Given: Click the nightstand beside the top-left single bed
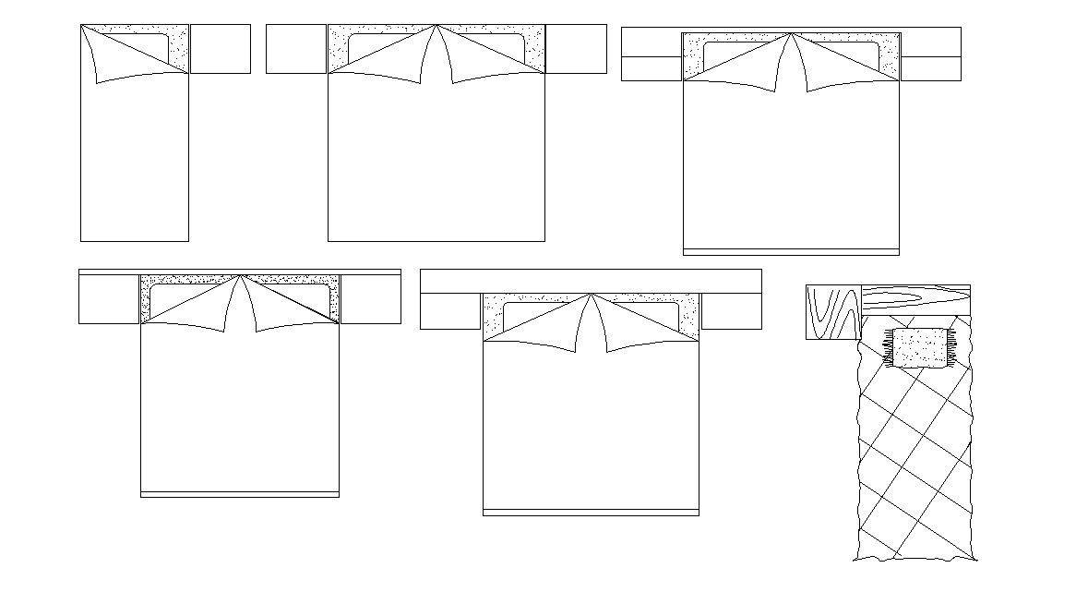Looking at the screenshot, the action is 220,49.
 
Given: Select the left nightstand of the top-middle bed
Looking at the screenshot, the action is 296,49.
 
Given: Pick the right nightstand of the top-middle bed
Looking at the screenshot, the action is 576,49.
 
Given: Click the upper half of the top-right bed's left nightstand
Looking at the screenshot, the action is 652,42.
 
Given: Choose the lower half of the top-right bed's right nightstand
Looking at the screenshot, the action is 930,69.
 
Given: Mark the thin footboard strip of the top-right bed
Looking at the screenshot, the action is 791,252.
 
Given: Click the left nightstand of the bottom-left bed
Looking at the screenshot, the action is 109,299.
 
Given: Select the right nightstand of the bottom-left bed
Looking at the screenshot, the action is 370,299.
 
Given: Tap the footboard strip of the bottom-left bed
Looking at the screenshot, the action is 239,495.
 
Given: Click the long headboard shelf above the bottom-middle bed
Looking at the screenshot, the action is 591,281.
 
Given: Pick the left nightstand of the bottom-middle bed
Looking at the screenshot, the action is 450,311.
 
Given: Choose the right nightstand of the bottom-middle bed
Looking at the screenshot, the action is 731,311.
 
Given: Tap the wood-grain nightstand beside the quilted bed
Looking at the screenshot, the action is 833,312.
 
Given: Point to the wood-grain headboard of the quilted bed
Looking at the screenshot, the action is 915,298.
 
